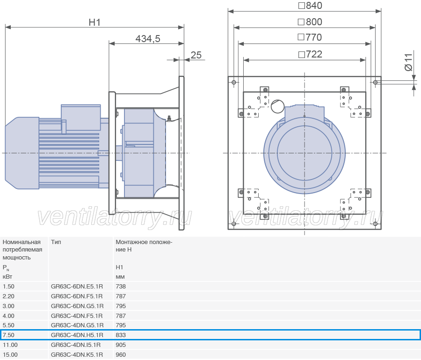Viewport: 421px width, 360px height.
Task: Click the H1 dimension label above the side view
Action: click(x=94, y=22)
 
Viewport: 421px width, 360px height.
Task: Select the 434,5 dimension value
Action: click(x=148, y=39)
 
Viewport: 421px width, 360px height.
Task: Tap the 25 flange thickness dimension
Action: click(x=196, y=55)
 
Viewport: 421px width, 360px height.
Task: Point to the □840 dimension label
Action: click(x=310, y=6)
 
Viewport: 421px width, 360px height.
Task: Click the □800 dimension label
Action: click(x=310, y=22)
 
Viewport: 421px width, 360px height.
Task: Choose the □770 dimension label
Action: click(x=310, y=37)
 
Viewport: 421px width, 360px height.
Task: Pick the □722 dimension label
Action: click(x=310, y=54)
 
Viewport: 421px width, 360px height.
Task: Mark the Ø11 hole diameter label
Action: click(x=408, y=62)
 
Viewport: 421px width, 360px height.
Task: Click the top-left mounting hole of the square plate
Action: click(x=234, y=82)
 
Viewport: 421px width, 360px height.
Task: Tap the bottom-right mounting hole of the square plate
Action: click(x=375, y=223)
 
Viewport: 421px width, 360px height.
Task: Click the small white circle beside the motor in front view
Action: click(x=277, y=107)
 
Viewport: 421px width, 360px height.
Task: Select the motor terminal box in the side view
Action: click(x=81, y=117)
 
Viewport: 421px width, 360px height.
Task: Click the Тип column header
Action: click(x=56, y=242)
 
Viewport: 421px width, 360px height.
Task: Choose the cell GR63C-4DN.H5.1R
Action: click(x=77, y=335)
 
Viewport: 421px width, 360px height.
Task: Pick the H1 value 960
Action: click(x=121, y=355)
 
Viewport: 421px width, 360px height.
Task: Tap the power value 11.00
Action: click(x=10, y=345)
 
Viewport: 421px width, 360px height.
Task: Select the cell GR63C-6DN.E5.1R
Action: click(x=77, y=287)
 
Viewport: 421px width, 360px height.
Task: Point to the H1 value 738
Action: click(x=121, y=287)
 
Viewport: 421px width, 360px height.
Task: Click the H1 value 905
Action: click(x=121, y=345)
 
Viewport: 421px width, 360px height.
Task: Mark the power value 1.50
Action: click(x=8, y=287)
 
